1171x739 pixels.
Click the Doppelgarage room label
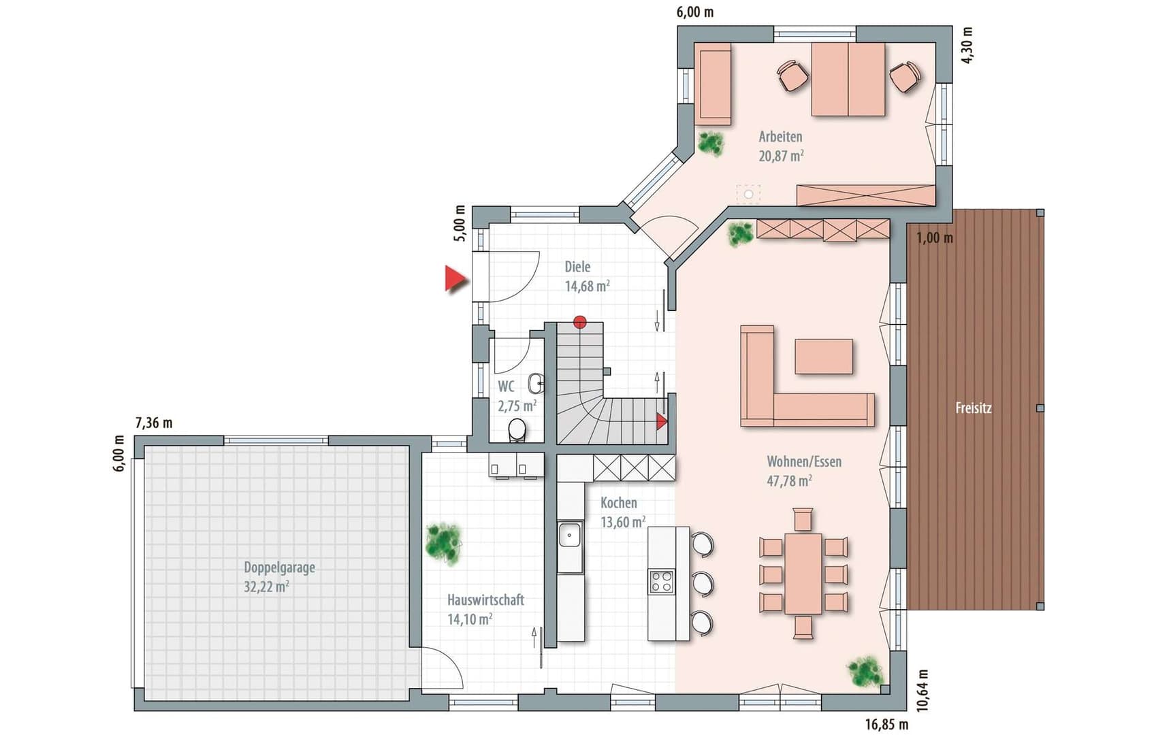279,568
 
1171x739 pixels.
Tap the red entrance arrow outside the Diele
455,279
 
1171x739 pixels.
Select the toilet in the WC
517,430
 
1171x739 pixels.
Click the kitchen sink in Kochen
570,535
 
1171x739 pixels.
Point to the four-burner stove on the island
662,582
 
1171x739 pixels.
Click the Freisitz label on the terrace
973,408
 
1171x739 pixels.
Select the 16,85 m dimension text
886,724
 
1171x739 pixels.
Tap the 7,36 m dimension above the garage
154,423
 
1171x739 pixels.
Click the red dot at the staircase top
579,322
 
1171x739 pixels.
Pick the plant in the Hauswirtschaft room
443,543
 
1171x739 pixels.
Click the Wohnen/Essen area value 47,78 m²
789,481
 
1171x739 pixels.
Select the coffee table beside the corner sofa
824,357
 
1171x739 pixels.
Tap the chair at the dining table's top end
803,519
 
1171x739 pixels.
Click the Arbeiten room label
780,136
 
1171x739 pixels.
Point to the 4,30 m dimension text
967,46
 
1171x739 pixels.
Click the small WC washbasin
536,383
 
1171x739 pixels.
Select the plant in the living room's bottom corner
866,672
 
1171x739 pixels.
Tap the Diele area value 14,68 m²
587,286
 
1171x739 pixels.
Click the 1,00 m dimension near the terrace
934,238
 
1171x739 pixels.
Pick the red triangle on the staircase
661,422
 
